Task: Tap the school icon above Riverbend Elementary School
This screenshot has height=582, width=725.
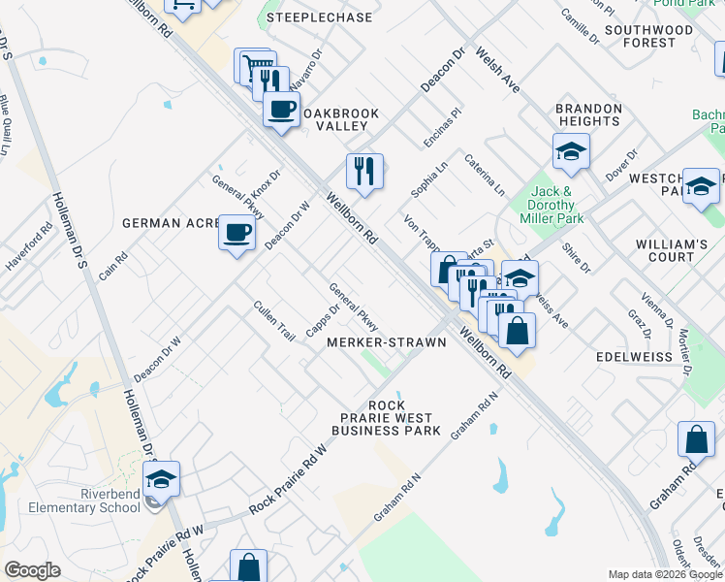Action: click(x=162, y=477)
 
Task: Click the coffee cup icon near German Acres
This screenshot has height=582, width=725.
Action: click(x=237, y=233)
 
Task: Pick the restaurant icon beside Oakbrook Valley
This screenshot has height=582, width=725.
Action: click(x=364, y=171)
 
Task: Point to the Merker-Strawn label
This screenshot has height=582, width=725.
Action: click(x=386, y=342)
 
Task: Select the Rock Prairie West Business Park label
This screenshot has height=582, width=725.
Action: click(x=386, y=418)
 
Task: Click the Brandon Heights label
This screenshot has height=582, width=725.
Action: click(x=588, y=114)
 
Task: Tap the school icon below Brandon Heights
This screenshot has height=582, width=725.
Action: click(x=572, y=151)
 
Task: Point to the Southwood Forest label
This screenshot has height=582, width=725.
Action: click(x=648, y=36)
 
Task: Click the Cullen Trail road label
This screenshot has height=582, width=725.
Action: click(x=273, y=320)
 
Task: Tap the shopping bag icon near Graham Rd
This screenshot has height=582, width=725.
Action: click(x=696, y=439)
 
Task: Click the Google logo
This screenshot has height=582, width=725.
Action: click(x=32, y=570)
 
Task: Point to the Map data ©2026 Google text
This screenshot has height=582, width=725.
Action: click(x=664, y=574)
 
